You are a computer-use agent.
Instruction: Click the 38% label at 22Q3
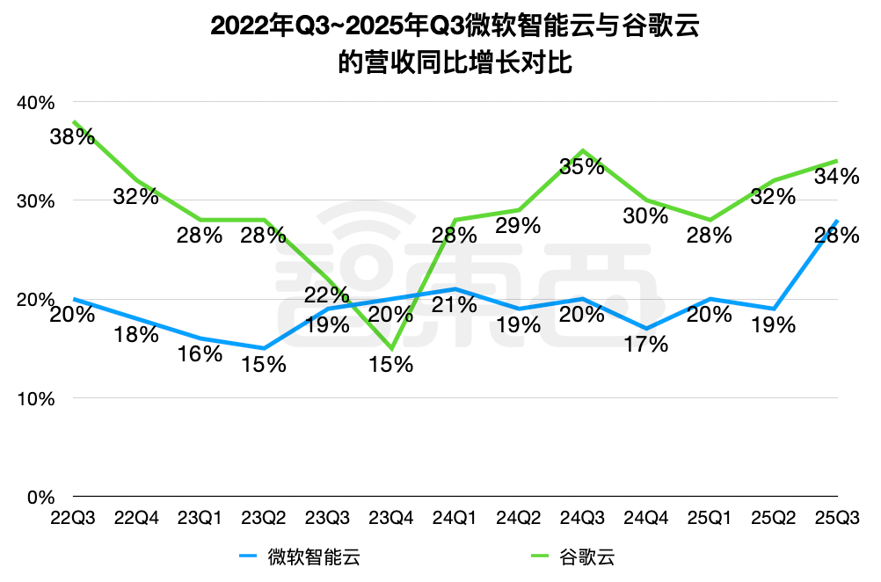(x=71, y=137)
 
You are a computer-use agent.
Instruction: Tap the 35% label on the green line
(x=582, y=166)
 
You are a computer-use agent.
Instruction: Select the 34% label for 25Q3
(x=836, y=177)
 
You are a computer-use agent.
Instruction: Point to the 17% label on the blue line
(x=646, y=345)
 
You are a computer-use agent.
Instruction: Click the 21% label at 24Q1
(x=455, y=305)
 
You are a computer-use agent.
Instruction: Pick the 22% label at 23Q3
(x=327, y=295)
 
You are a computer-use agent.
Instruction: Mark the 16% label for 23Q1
(x=200, y=354)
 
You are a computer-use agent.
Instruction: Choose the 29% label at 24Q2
(x=518, y=226)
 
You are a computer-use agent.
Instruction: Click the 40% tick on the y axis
(x=36, y=102)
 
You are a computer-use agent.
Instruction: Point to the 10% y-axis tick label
(x=36, y=398)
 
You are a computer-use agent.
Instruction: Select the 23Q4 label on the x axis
(x=391, y=519)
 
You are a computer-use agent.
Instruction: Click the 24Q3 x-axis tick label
(x=582, y=519)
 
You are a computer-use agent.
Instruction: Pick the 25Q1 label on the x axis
(x=710, y=519)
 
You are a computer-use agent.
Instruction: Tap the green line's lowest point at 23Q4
(x=391, y=349)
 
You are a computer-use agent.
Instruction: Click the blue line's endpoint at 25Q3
(x=836, y=221)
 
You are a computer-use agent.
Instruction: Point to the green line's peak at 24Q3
(x=582, y=151)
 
